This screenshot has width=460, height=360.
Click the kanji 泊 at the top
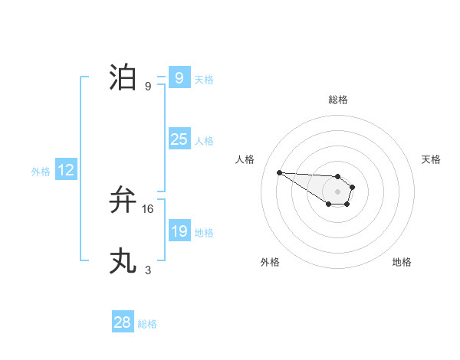(123, 77)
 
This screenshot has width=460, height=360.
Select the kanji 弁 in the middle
(123, 200)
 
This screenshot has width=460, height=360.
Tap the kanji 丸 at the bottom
(123, 261)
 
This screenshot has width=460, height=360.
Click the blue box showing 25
(179, 139)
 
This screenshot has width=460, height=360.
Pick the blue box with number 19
(179, 231)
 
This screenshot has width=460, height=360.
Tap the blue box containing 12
(66, 170)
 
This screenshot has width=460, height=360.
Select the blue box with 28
(123, 322)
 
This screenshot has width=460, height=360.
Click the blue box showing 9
(179, 78)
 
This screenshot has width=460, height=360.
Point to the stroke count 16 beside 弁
(148, 208)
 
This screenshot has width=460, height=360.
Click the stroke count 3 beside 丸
(148, 270)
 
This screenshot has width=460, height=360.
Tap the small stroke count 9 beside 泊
(148, 86)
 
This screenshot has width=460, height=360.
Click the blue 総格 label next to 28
(147, 324)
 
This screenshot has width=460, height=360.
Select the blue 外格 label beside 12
(41, 172)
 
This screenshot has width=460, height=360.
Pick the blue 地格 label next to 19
(204, 233)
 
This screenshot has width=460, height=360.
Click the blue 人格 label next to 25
(204, 141)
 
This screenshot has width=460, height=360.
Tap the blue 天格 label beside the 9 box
(204, 80)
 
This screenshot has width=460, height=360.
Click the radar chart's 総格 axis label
(338, 100)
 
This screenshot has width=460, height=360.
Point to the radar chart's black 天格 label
(431, 159)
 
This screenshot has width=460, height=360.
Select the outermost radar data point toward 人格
(279, 172)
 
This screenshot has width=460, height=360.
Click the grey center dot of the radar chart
(338, 191)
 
